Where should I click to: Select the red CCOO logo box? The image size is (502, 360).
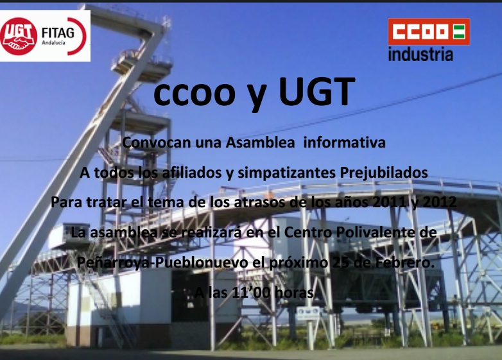tap(429, 31)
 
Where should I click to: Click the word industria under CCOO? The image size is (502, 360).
tap(420, 54)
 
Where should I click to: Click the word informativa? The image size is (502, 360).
tap(344, 142)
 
